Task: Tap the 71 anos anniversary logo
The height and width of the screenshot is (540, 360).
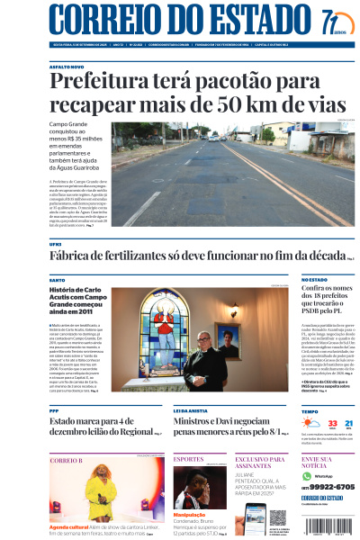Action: [330, 20]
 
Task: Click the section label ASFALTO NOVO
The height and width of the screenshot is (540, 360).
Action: [67, 67]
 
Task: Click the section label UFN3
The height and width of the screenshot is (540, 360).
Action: [56, 244]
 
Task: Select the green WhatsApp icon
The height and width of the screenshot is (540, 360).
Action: [306, 474]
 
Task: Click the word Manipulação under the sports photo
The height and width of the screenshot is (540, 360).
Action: [189, 516]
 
